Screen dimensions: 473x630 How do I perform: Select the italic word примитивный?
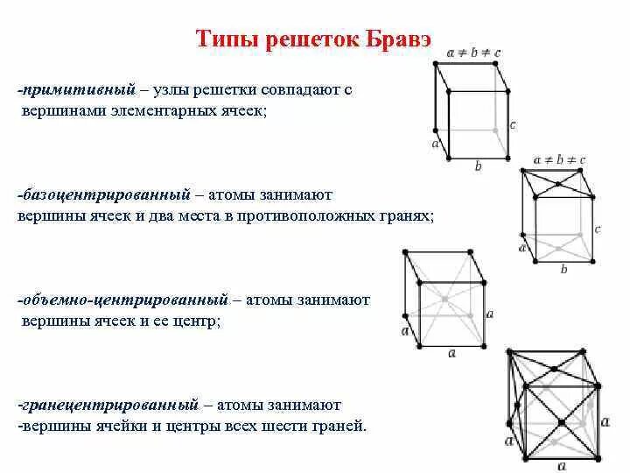80,90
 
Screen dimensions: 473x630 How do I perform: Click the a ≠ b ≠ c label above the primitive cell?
474,53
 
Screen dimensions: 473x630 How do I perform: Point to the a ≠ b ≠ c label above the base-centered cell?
559,160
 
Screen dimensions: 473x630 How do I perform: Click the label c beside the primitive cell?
513,125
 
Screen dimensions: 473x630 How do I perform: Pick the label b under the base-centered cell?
563,269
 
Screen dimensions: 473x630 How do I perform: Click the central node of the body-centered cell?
445,300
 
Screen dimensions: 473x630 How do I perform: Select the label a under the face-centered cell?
561,465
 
